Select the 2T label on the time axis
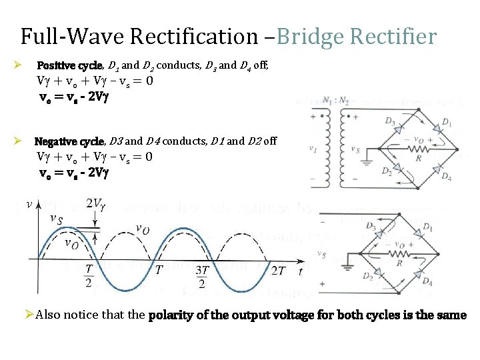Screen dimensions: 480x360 pyautogui.click(x=279, y=270)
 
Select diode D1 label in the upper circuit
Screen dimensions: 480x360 pyautogui.click(x=446, y=123)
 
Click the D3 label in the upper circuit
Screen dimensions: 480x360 pyautogui.click(x=389, y=121)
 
